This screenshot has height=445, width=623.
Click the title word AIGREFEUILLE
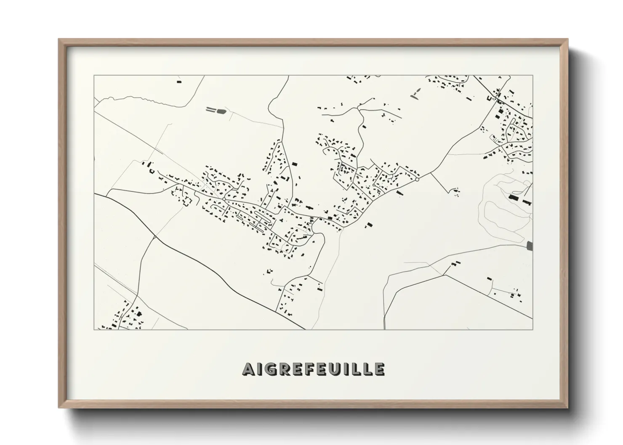point(313,369)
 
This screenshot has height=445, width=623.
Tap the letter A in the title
point(248,369)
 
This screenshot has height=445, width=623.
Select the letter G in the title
point(270,369)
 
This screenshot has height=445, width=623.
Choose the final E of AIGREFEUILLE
point(378,369)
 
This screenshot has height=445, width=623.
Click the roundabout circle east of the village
point(417,180)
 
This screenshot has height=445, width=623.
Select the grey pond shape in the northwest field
point(220,111)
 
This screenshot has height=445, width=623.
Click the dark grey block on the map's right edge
point(529,246)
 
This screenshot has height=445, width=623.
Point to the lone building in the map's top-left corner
point(179,82)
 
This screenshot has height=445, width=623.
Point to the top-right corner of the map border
point(533,76)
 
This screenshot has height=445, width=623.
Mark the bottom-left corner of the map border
point(94,329)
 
